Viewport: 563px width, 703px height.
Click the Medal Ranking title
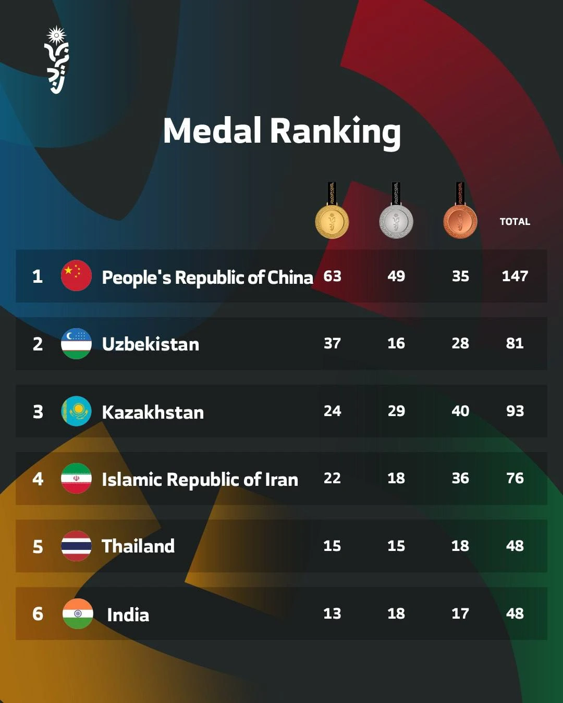pyautogui.click(x=281, y=131)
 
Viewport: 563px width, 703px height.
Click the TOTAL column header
pyautogui.click(x=515, y=221)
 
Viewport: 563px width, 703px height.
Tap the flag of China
pyautogui.click(x=76, y=275)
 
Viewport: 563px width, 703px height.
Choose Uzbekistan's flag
pyautogui.click(x=76, y=344)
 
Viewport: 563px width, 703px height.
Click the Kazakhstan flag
pyautogui.click(x=76, y=411)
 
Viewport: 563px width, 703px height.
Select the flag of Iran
pyautogui.click(x=76, y=479)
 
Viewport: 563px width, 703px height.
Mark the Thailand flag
pyautogui.click(x=76, y=546)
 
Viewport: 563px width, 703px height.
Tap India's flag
pyautogui.click(x=78, y=613)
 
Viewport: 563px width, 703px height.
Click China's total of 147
pyautogui.click(x=515, y=276)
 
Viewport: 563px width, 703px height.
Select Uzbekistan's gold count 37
pyautogui.click(x=332, y=344)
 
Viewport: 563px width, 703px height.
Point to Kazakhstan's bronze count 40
pyautogui.click(x=460, y=411)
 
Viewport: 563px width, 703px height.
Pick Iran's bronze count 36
pyautogui.click(x=460, y=478)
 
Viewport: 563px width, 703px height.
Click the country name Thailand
pyautogui.click(x=138, y=546)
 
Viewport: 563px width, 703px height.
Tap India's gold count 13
pyautogui.click(x=332, y=613)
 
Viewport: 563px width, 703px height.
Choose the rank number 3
pyautogui.click(x=38, y=412)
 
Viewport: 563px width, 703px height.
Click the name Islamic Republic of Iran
pyautogui.click(x=200, y=480)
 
